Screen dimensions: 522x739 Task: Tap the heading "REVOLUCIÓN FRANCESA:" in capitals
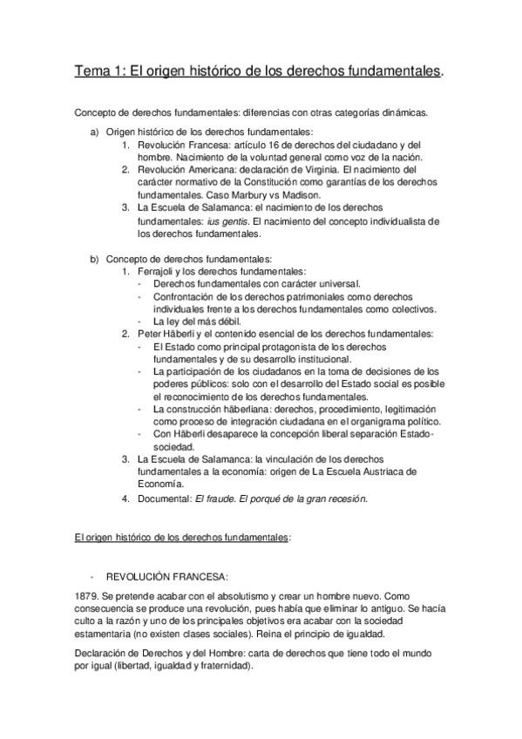[x=166, y=576]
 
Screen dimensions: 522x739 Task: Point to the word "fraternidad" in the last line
[x=222, y=666]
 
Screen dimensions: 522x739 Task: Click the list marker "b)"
[x=95, y=259]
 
